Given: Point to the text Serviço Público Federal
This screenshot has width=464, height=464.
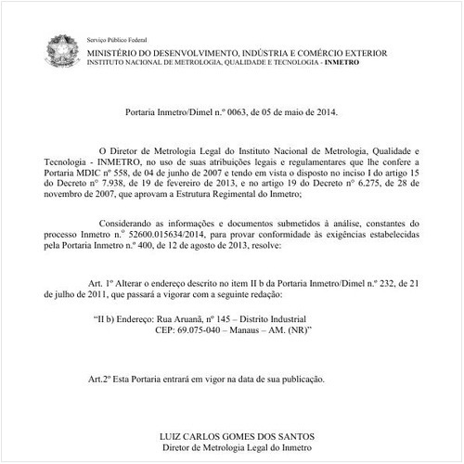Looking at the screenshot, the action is coord(116,44).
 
